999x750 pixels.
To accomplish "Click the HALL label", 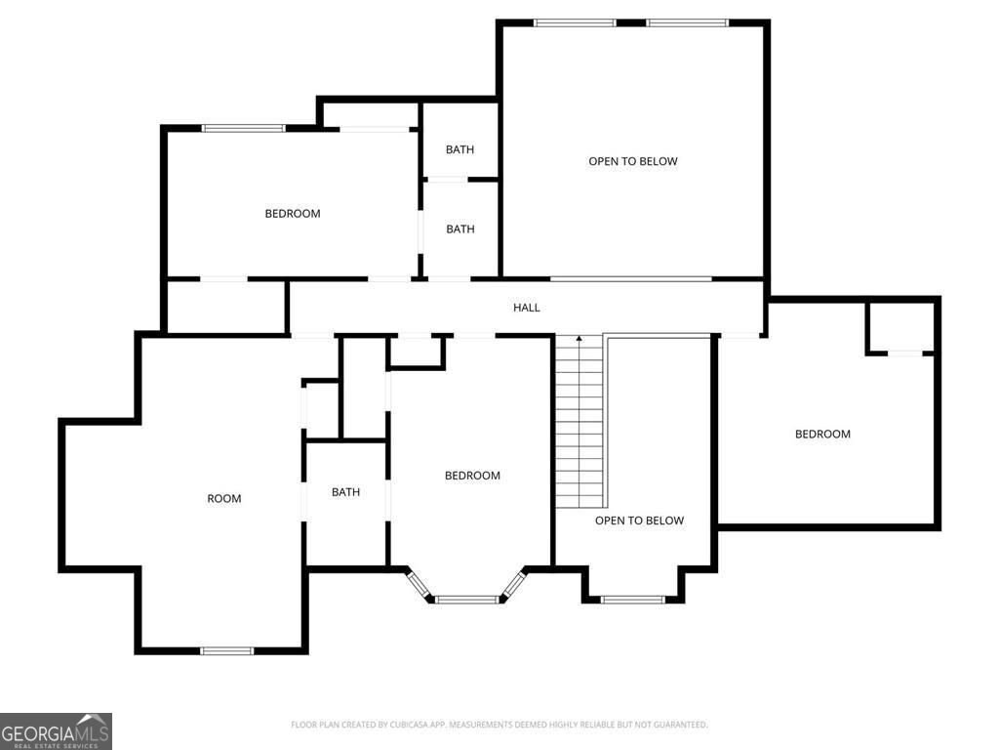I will pyautogui.click(x=527, y=308).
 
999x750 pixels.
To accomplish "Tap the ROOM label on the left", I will pyautogui.click(x=223, y=499).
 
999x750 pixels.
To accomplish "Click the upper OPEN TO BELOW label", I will pyautogui.click(x=632, y=161).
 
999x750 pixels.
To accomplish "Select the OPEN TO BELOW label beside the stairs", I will pyautogui.click(x=639, y=521).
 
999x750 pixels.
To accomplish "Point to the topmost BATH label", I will pyautogui.click(x=460, y=149).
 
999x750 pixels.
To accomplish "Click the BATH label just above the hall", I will pyautogui.click(x=460, y=229).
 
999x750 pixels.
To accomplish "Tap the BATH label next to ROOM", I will pyautogui.click(x=345, y=492).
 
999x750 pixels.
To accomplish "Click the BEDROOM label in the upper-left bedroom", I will pyautogui.click(x=293, y=214).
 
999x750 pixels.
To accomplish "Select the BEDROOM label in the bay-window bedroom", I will pyautogui.click(x=472, y=476).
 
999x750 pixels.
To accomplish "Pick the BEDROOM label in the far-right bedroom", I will pyautogui.click(x=822, y=435).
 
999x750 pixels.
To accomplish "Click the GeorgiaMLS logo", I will pyautogui.click(x=56, y=730).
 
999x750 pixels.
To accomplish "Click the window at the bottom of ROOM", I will pyautogui.click(x=226, y=650).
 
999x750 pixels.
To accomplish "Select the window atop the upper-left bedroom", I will pyautogui.click(x=243, y=128).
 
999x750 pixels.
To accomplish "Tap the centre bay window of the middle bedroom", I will pyautogui.click(x=467, y=599).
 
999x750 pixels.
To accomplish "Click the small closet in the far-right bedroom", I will pyautogui.click(x=899, y=328).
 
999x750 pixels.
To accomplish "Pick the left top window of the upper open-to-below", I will pyautogui.click(x=574, y=22).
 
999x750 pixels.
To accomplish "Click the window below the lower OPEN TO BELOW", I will pyautogui.click(x=632, y=599).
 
